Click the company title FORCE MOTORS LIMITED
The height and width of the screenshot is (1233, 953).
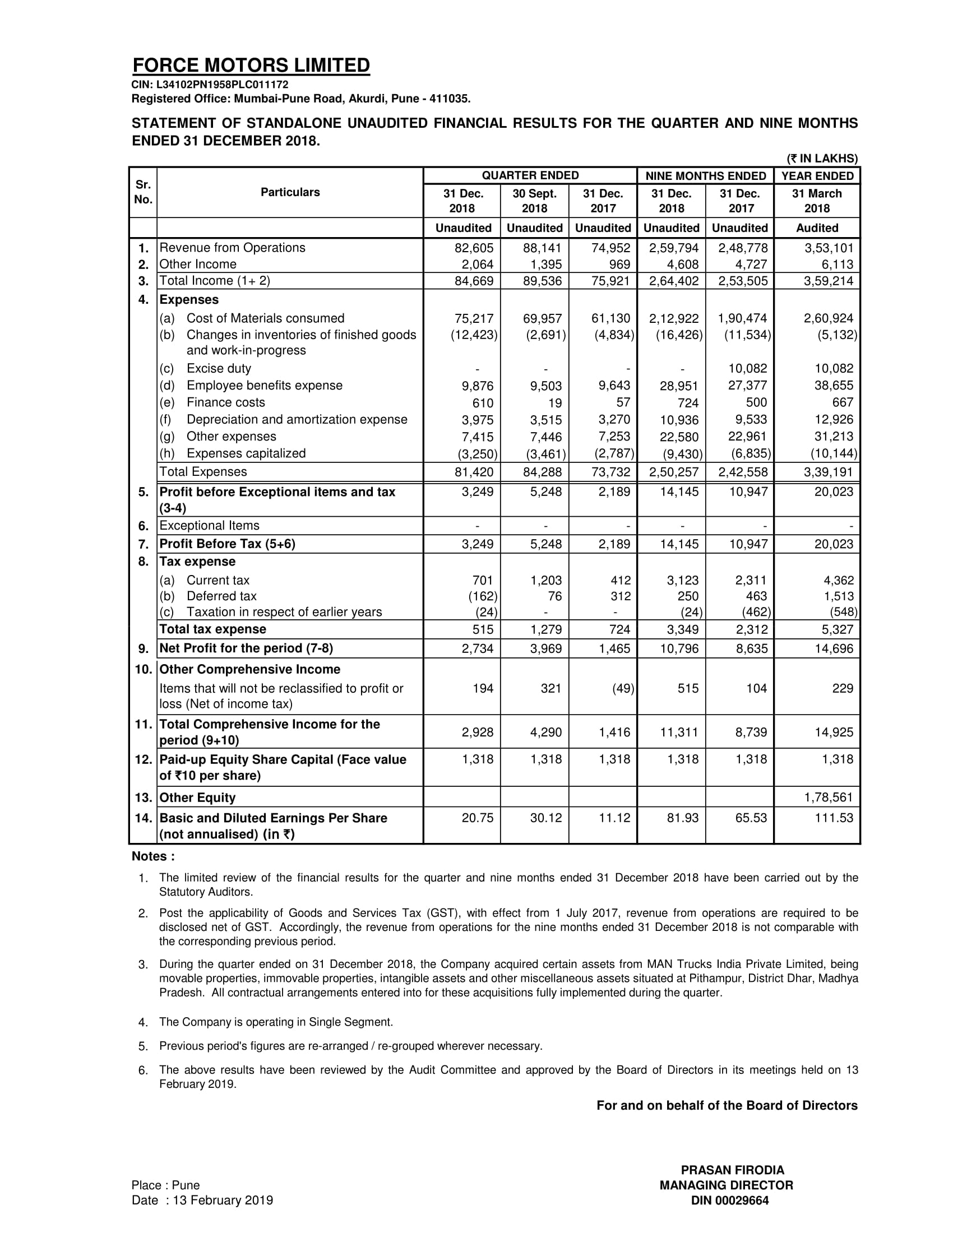(251, 66)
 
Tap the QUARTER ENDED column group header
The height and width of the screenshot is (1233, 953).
(530, 175)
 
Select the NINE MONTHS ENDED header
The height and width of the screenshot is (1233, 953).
(705, 176)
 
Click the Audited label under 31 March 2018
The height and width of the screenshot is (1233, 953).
(817, 228)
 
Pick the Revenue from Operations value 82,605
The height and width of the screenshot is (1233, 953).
(474, 248)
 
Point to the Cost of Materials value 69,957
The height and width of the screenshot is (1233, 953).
(543, 318)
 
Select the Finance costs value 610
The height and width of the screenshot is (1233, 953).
(483, 403)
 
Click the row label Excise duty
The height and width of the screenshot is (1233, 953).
(219, 369)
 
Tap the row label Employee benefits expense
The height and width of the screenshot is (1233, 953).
(264, 386)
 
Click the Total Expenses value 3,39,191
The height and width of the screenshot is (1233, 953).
(829, 472)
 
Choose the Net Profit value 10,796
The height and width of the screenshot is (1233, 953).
(680, 648)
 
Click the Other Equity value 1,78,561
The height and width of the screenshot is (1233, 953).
(829, 797)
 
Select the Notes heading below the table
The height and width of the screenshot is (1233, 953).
(153, 856)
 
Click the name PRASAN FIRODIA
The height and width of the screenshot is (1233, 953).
(732, 1170)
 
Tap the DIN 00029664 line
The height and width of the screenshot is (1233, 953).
(730, 1201)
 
